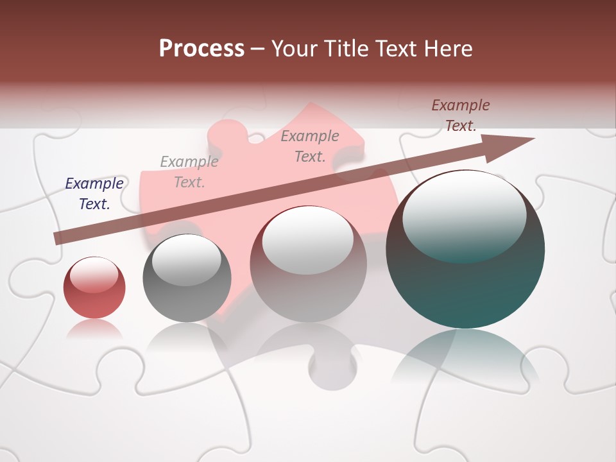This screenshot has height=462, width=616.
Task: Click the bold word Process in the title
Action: tap(201, 49)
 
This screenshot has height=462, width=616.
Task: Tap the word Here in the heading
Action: tap(449, 49)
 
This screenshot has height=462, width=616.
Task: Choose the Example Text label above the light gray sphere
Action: tap(310, 146)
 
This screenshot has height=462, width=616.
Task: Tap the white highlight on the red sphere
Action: tap(94, 275)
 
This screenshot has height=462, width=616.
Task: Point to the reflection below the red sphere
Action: tap(94, 329)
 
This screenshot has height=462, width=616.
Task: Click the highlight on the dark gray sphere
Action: tap(186, 260)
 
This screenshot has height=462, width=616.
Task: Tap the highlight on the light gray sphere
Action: tap(307, 239)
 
